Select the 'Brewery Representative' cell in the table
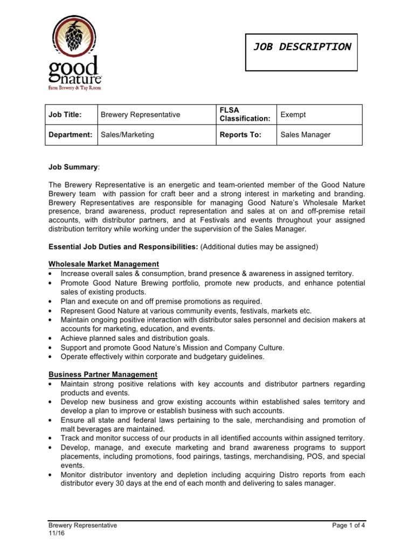(x=140, y=115)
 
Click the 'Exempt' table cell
(x=293, y=115)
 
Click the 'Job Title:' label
(x=65, y=115)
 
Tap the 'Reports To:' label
(x=240, y=135)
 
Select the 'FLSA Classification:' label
(x=244, y=115)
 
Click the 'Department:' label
(x=71, y=135)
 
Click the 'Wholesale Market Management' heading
(x=103, y=264)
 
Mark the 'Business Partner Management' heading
(x=103, y=374)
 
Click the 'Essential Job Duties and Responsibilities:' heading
(x=123, y=247)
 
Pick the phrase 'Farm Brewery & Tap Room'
(x=73, y=87)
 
